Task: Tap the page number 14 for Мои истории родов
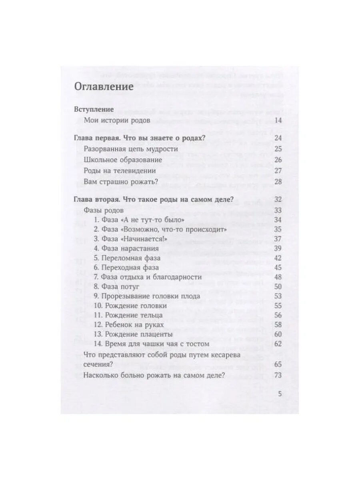pyautogui.click(x=278, y=120)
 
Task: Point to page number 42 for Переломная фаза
pyautogui.click(x=278, y=258)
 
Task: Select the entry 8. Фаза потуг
pyautogui.click(x=118, y=286)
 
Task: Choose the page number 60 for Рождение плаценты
pyautogui.click(x=278, y=334)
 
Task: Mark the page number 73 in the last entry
pyautogui.click(x=278, y=375)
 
